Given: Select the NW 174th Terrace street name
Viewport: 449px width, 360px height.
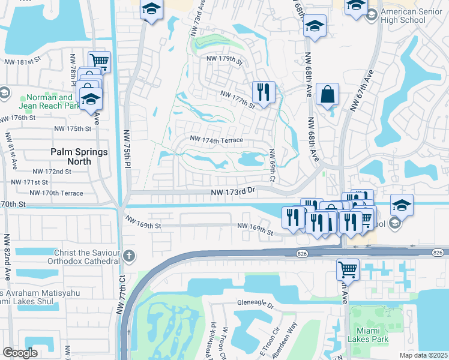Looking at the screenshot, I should pyautogui.click(x=217, y=140).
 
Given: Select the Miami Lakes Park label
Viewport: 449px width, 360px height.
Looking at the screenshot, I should pyautogui.click(x=368, y=335).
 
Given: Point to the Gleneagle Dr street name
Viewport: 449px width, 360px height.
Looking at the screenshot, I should pyautogui.click(x=255, y=305).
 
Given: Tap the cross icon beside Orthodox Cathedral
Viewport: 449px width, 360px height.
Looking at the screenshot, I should pyautogui.click(x=128, y=257).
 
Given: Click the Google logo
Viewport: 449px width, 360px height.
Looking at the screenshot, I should pyautogui.click(x=20, y=353).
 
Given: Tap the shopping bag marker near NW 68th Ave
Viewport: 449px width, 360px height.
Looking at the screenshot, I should pyautogui.click(x=327, y=95).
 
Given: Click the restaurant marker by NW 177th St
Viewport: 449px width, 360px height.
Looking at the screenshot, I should pyautogui.click(x=264, y=92).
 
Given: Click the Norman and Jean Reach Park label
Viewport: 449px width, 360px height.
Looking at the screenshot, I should pyautogui.click(x=49, y=101).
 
